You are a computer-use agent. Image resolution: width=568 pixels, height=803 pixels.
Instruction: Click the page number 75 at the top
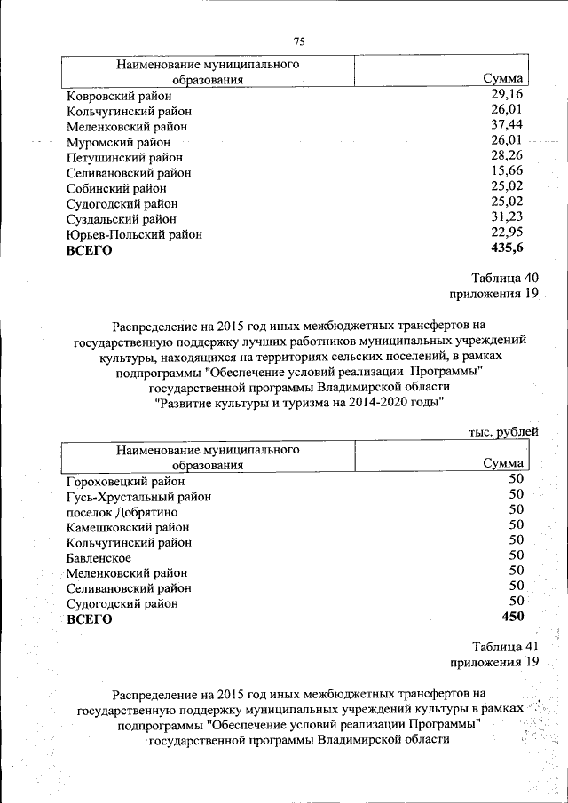[x=298, y=43]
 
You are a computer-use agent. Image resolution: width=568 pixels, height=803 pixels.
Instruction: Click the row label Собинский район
[x=116, y=188]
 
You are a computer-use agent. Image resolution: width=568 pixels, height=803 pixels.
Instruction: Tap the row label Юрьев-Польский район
[x=134, y=234]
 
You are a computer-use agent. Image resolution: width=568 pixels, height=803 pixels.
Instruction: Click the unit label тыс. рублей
[x=503, y=432]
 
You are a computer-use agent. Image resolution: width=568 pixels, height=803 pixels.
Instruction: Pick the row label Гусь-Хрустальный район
[x=138, y=497]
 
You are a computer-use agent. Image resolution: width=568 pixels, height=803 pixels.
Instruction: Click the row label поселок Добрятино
[x=122, y=512]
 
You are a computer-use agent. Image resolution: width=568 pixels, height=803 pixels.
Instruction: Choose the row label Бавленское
[x=99, y=558]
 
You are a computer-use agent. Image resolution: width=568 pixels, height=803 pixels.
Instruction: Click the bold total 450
[x=512, y=617]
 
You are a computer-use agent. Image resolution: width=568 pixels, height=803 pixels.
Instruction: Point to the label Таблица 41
[x=505, y=646]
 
